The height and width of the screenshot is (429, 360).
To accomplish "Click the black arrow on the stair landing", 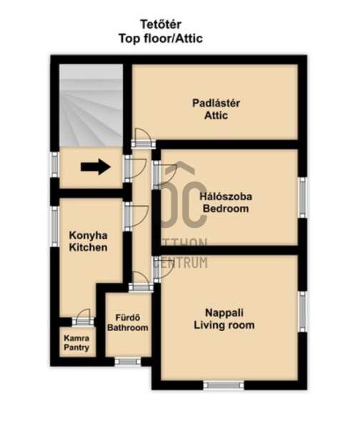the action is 96,167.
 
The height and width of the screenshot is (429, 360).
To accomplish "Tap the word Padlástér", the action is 216,103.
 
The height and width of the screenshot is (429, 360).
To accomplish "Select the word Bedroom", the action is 226,209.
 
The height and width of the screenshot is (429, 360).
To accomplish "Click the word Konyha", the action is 88,235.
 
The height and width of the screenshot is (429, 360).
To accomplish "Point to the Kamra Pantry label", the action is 76,342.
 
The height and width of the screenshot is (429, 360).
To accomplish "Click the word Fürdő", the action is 128,317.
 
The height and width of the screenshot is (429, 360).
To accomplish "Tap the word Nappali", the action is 224,312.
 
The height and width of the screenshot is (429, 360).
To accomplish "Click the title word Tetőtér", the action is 161,24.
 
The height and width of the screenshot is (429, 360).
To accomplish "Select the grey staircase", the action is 91,106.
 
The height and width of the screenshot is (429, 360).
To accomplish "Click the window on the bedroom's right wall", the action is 302,197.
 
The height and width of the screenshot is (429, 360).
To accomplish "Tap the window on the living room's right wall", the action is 302,311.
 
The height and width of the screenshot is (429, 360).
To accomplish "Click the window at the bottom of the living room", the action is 224,385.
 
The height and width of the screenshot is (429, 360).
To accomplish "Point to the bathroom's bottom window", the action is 128,362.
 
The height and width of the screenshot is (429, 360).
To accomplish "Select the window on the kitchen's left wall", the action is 55,227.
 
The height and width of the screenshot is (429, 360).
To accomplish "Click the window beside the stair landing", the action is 55,165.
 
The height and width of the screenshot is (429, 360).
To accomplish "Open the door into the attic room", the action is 144,139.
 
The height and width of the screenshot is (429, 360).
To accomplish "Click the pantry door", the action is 83,317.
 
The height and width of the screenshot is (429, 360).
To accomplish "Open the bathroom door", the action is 141,282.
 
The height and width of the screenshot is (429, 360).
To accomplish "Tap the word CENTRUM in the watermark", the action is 180,263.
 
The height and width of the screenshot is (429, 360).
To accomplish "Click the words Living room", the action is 224,325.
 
